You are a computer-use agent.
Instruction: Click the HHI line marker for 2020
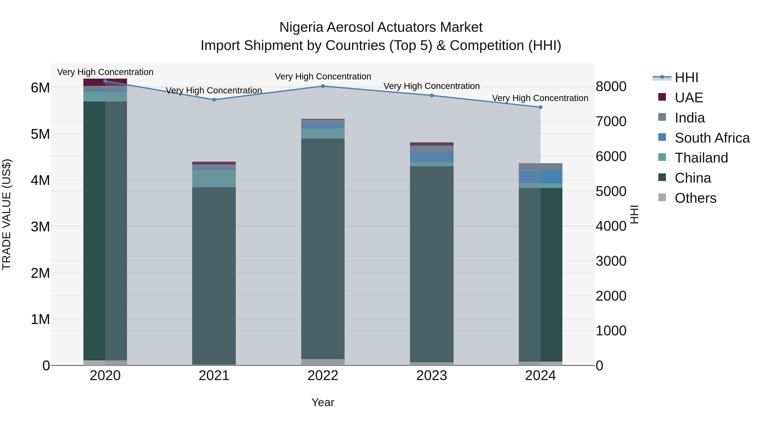pos(105,81)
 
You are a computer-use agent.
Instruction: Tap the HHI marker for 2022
pos(323,86)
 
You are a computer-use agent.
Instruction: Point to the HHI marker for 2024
pos(540,107)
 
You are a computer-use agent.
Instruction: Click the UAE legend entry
pos(689,98)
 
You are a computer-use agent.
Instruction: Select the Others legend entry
pos(695,198)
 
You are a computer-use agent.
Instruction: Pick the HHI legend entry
pos(686,78)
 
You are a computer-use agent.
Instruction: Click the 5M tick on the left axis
pos(40,134)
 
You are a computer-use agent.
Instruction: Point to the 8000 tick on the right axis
pos(611,87)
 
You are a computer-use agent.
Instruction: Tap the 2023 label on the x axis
pos(432,376)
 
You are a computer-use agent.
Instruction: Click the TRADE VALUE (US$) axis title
pos(7,214)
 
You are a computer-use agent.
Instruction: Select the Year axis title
pos(323,402)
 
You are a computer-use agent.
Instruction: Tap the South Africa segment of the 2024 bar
pos(540,177)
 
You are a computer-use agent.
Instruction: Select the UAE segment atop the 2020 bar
pos(105,82)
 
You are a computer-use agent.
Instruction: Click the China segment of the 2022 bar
pos(323,249)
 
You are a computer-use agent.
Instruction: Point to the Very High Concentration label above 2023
pos(432,86)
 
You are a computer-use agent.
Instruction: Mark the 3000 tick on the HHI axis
pos(611,261)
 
